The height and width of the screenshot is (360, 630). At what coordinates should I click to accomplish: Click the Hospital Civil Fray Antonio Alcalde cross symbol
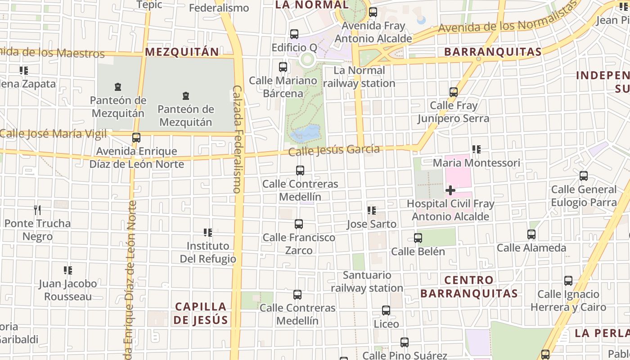pyautogui.click(x=450, y=190)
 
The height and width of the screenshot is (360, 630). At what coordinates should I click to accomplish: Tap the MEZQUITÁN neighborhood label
pyautogui.click(x=182, y=52)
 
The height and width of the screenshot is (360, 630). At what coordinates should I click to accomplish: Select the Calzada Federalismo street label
pyautogui.click(x=238, y=139)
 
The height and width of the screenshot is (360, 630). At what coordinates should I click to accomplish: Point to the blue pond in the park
pyautogui.click(x=306, y=133)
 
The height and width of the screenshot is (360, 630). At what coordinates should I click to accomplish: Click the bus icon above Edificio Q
pyautogui.click(x=294, y=34)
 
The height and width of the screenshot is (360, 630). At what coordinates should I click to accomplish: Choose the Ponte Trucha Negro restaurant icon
pyautogui.click(x=37, y=210)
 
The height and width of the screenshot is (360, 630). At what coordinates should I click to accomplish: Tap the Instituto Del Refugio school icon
pyautogui.click(x=208, y=233)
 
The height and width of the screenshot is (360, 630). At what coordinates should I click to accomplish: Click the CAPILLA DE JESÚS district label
pyautogui.click(x=201, y=313)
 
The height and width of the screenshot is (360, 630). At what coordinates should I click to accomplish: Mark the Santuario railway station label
pyautogui.click(x=367, y=281)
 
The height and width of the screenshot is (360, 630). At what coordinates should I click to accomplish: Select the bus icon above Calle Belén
pyautogui.click(x=418, y=238)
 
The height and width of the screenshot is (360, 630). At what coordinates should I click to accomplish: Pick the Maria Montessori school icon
pyautogui.click(x=477, y=149)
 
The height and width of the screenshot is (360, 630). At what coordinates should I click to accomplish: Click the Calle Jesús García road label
pyautogui.click(x=334, y=150)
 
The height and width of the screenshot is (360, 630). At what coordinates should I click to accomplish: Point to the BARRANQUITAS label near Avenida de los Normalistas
pyautogui.click(x=493, y=52)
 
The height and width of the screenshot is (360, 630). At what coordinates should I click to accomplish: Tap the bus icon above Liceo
pyautogui.click(x=386, y=310)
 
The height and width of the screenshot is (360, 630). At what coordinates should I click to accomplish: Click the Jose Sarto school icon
pyautogui.click(x=372, y=211)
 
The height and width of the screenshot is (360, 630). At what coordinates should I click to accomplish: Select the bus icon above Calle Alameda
pyautogui.click(x=531, y=234)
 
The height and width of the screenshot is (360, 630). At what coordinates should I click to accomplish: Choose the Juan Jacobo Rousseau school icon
pyautogui.click(x=68, y=270)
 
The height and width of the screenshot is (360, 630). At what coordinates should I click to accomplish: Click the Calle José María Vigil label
pyautogui.click(x=53, y=134)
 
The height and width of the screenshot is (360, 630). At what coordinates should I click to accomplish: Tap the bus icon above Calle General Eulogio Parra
pyautogui.click(x=584, y=176)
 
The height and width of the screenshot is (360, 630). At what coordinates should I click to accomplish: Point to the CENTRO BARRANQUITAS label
pyautogui.click(x=469, y=287)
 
